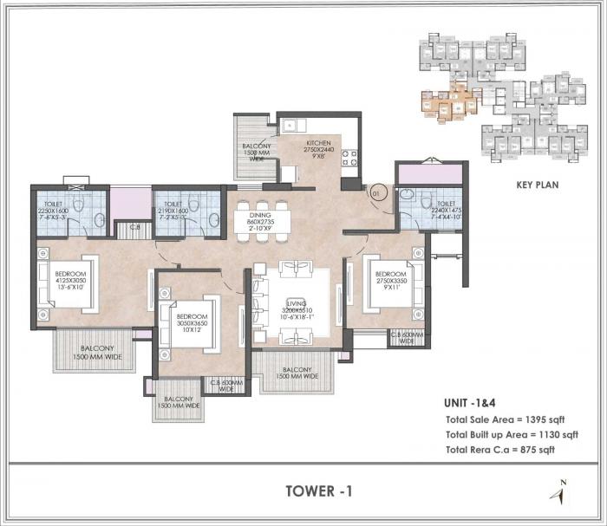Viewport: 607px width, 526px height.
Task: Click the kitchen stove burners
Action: pos(350,159)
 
